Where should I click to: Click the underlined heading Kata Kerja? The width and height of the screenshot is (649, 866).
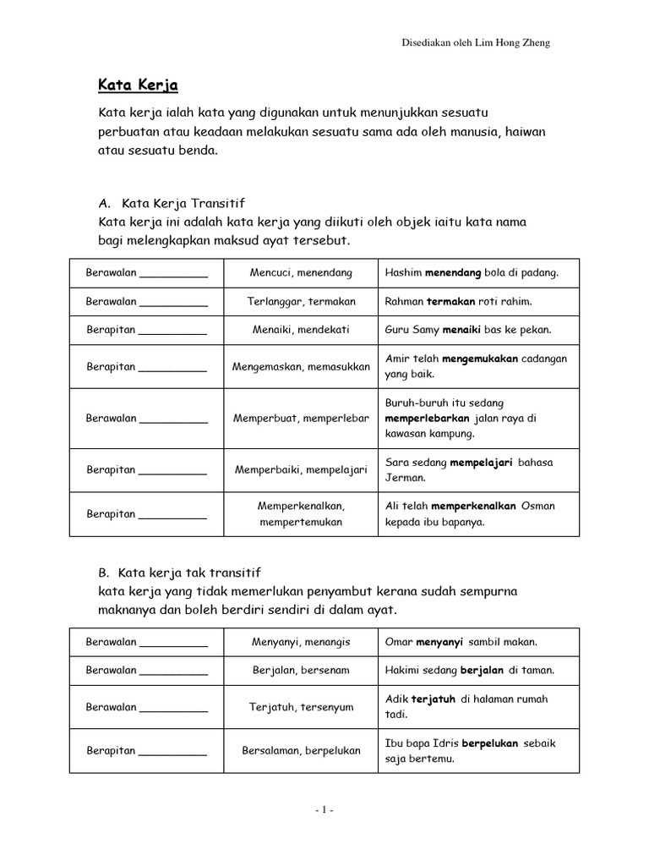[x=135, y=86]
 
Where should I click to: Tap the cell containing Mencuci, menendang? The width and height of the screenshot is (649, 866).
[x=301, y=273]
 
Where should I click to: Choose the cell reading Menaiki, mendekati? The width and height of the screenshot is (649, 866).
[x=301, y=330]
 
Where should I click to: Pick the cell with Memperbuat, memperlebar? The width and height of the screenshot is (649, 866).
[x=301, y=418]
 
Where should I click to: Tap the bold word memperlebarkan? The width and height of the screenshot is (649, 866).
[x=427, y=418]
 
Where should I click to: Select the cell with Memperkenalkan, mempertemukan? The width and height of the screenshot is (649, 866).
[x=301, y=513]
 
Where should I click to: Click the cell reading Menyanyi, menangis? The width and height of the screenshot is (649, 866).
[x=301, y=642]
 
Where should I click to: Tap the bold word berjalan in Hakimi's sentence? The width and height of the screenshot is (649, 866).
[x=482, y=670]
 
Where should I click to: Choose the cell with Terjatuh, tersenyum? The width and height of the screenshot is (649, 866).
[x=301, y=706]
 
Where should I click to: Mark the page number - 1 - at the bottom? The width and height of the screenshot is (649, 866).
[x=324, y=809]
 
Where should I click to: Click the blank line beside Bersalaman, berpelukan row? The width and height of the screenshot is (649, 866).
[x=172, y=752]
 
